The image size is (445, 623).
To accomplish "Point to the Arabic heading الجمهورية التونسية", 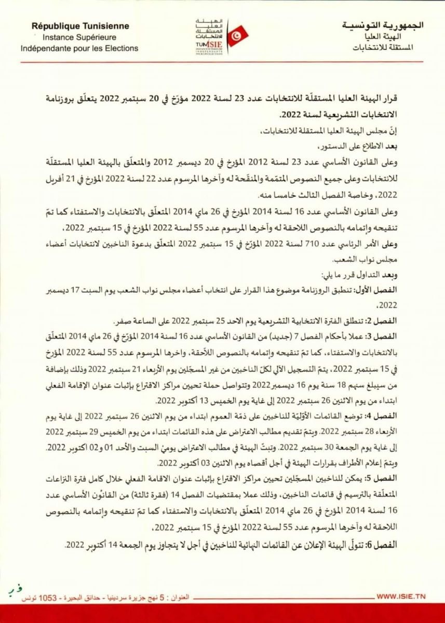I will [x=384, y=25].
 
